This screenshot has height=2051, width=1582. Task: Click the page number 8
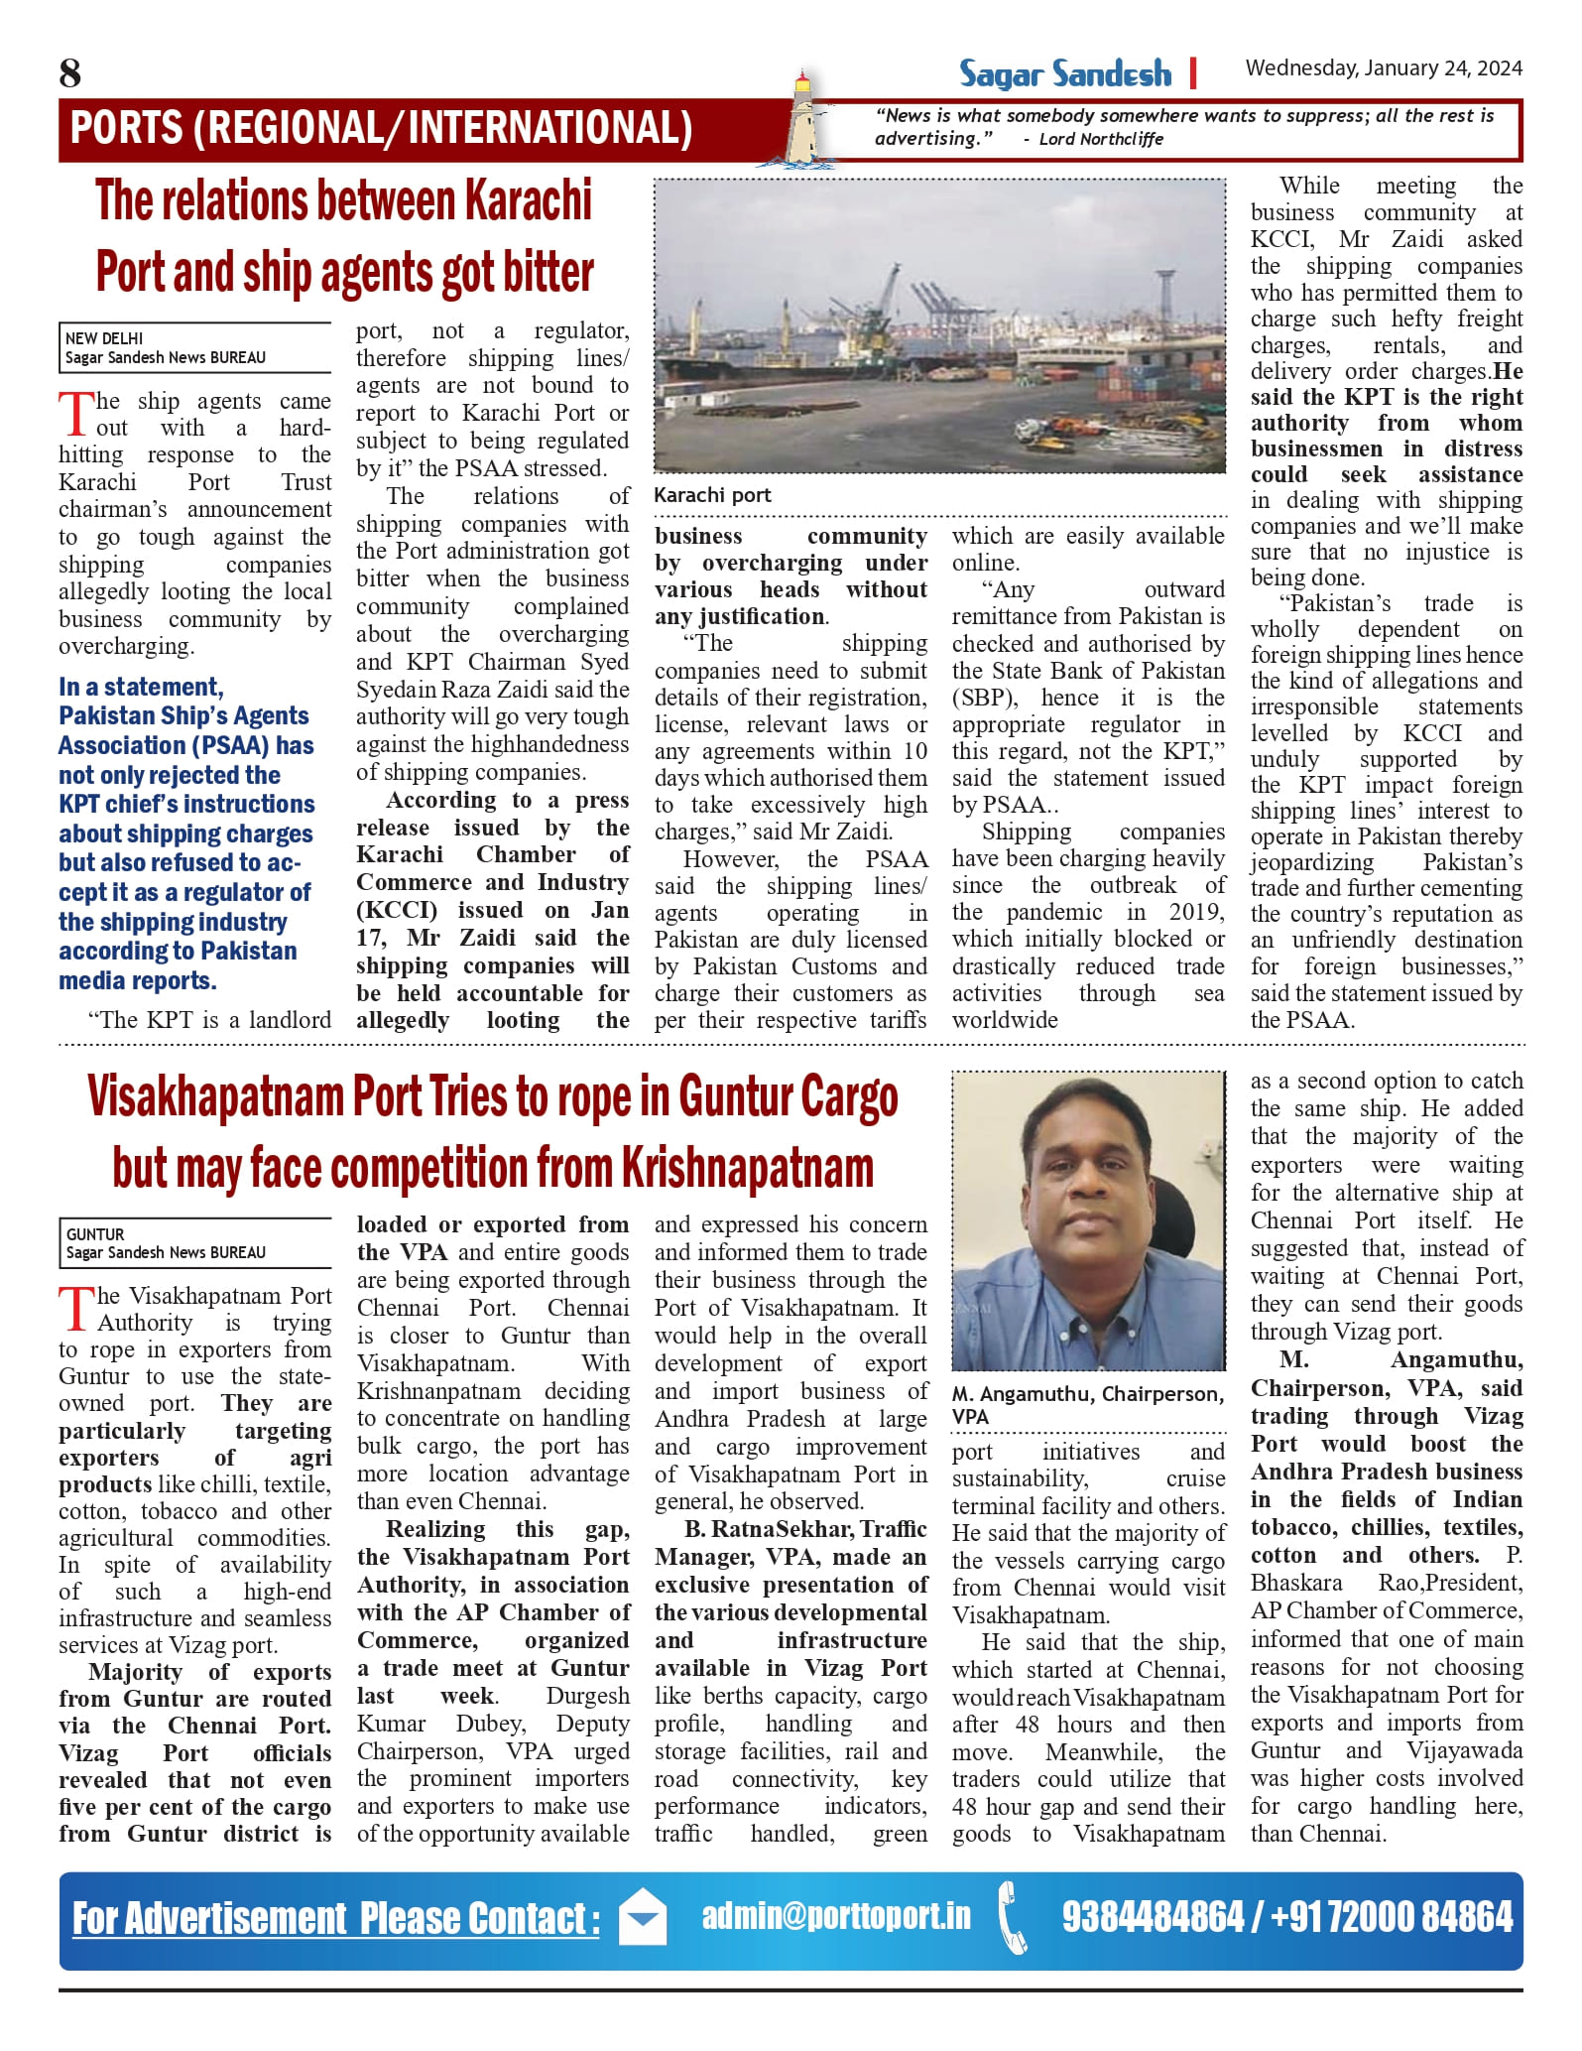(x=70, y=73)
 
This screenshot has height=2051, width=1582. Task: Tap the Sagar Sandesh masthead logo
(x=1064, y=74)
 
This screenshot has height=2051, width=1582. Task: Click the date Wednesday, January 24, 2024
(x=1383, y=68)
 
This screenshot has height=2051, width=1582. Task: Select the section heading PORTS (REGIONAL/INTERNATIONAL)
(x=381, y=129)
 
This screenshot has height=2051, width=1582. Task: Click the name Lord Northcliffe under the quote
(x=1101, y=139)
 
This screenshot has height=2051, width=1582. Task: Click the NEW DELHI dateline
(x=104, y=338)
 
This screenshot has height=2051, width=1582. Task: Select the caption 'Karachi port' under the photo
(x=712, y=495)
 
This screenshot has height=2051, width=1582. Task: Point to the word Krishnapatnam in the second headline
(x=748, y=1168)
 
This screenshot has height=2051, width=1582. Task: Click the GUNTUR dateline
(x=95, y=1234)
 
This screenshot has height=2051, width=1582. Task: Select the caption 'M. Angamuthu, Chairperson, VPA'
(x=1087, y=1405)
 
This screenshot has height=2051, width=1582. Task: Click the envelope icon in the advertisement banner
(x=642, y=1918)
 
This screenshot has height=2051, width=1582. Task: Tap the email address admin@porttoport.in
(x=836, y=1914)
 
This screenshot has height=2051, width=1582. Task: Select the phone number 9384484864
(x=1153, y=1916)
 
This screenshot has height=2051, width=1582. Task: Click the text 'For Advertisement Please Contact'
(x=335, y=1918)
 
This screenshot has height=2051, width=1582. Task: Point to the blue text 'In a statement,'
(x=141, y=687)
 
